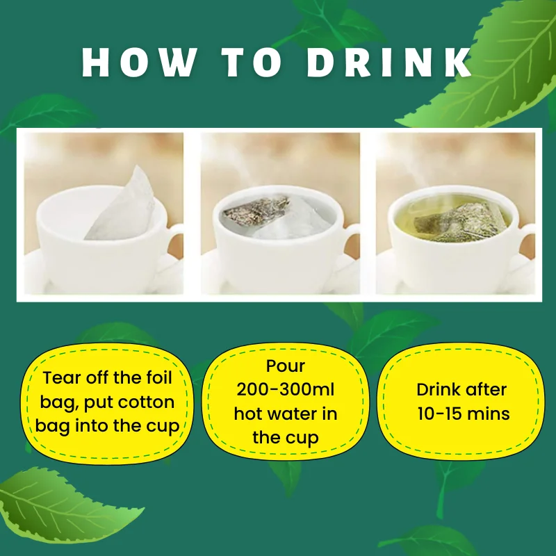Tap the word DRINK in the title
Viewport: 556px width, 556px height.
(x=390, y=63)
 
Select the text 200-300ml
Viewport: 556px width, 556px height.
(x=285, y=390)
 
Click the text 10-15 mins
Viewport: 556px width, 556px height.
(x=464, y=414)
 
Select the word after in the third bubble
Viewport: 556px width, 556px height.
(x=489, y=390)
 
